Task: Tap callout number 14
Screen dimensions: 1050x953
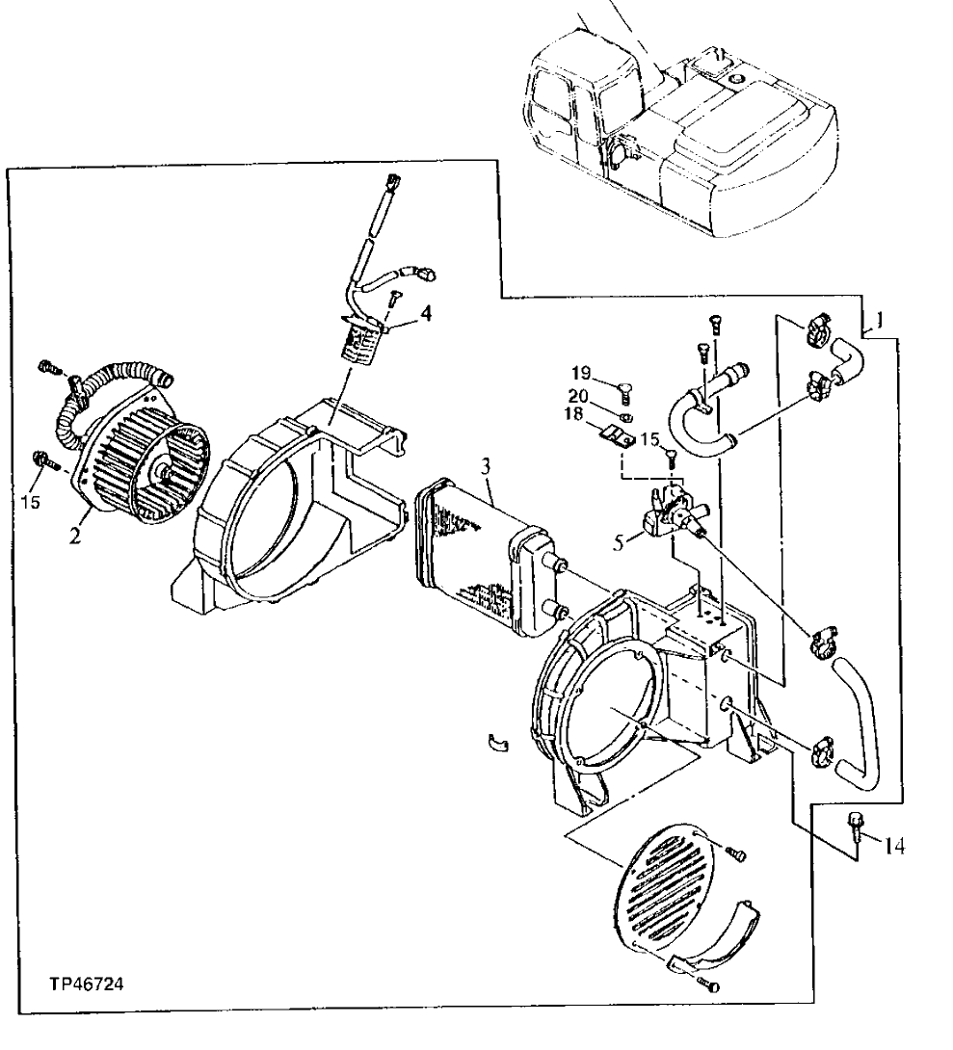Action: click(893, 847)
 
